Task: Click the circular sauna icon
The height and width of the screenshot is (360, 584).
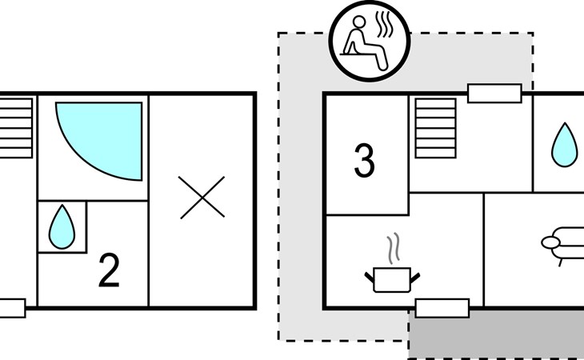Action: (x=370, y=41)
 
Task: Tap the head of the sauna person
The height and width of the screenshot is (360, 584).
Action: (x=359, y=22)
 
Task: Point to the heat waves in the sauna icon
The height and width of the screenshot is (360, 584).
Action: (x=384, y=25)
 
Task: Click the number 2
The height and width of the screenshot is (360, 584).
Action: (x=109, y=270)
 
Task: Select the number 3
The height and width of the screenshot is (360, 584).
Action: (x=364, y=161)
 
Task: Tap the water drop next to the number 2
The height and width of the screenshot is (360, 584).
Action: (x=62, y=226)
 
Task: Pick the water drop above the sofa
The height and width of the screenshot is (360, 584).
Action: (x=565, y=145)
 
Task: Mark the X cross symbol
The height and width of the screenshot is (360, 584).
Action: (x=202, y=198)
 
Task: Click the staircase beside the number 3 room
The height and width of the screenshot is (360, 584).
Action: (x=435, y=129)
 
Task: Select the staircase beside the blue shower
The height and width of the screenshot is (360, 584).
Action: (x=16, y=129)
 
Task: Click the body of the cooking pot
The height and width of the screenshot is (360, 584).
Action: (x=392, y=280)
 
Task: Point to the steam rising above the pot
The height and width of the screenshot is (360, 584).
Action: (x=394, y=248)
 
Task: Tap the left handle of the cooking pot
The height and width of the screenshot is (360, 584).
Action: (x=369, y=278)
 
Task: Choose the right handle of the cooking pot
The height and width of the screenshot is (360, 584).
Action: (x=415, y=278)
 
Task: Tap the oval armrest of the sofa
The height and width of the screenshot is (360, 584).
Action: (x=550, y=242)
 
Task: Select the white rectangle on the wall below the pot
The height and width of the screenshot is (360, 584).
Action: (x=442, y=308)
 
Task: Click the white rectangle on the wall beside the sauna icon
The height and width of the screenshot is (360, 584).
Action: (x=494, y=93)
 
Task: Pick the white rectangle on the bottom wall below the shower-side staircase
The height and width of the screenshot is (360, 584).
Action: (x=12, y=308)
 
